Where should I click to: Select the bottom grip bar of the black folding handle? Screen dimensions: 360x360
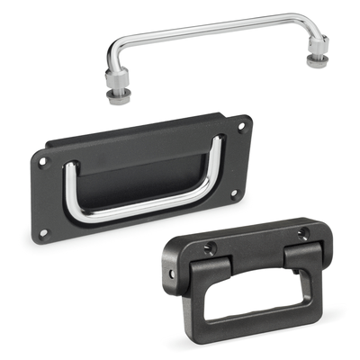[261, 332]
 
